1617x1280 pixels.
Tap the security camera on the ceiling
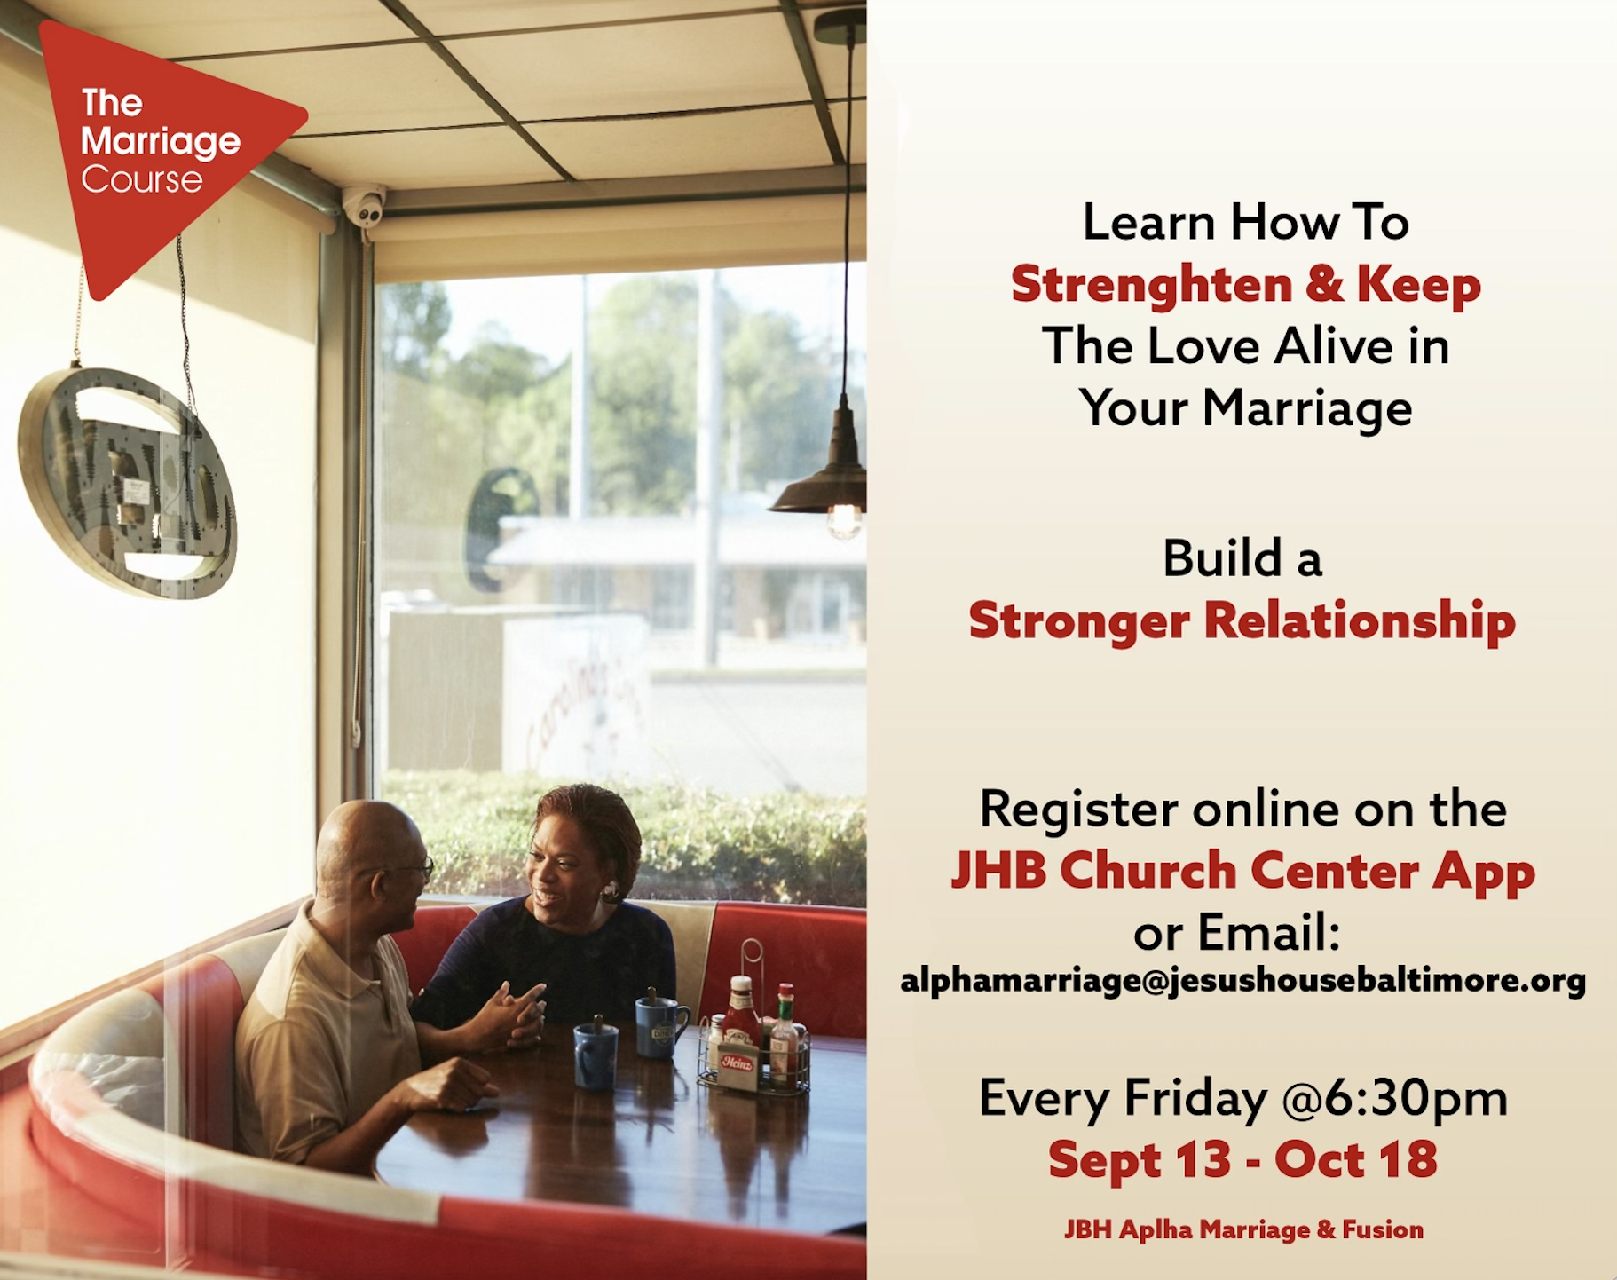[x=365, y=207]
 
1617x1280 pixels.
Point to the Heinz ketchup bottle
[x=739, y=1021]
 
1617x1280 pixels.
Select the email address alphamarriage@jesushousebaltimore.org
[x=1242, y=981]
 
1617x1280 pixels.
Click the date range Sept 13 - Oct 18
[x=1242, y=1159]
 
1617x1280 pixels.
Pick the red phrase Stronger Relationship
[x=1242, y=620]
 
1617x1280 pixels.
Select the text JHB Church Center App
[x=1242, y=871]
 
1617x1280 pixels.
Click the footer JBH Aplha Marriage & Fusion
[x=1243, y=1229]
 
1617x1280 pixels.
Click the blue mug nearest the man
[x=596, y=1054]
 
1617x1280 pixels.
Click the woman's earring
[x=611, y=888]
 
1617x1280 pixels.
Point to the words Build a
[x=1242, y=558]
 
